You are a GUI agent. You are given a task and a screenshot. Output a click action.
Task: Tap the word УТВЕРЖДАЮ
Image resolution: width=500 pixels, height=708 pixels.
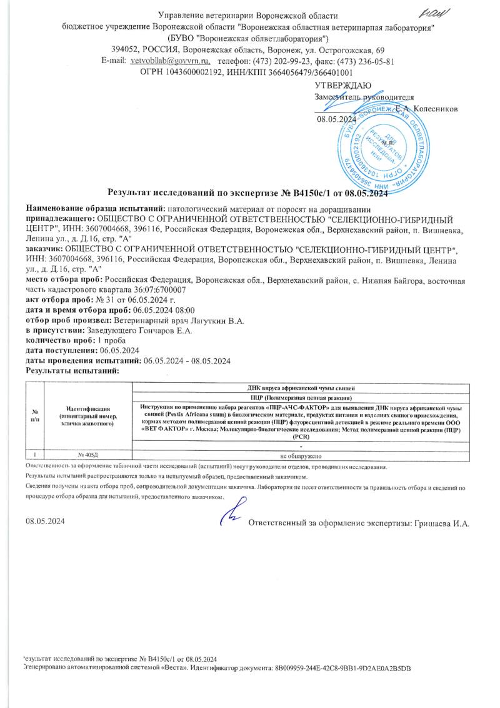(343, 85)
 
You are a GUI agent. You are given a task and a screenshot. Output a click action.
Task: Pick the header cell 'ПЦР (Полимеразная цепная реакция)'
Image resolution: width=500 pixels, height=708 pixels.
(301, 398)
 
